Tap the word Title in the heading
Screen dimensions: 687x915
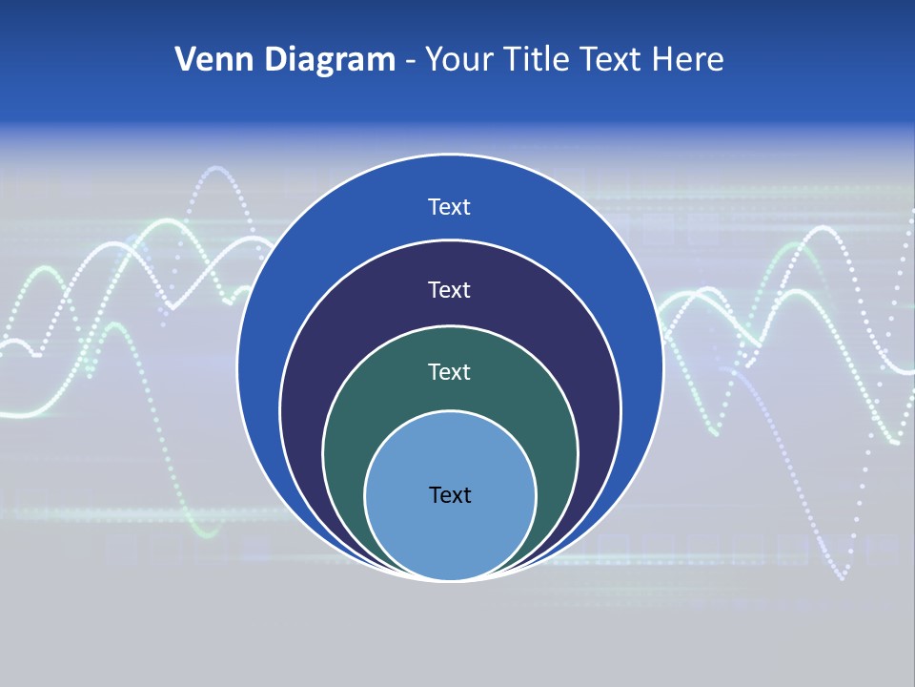[x=539, y=60]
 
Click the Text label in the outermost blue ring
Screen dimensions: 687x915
[x=450, y=207]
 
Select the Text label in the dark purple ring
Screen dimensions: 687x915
[x=450, y=289]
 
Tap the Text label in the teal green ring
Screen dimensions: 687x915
[x=450, y=371]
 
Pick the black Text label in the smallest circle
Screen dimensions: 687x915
[x=450, y=494]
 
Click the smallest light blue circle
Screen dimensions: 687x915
[x=450, y=534]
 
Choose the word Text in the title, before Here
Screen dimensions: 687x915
[x=613, y=60]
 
